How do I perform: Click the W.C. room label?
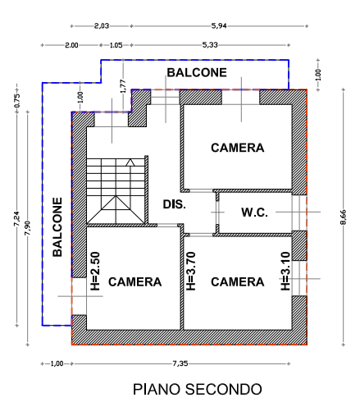pyautogui.click(x=254, y=213)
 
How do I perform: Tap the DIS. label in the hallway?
pyautogui.click(x=175, y=204)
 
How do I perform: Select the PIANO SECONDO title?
pyautogui.click(x=198, y=389)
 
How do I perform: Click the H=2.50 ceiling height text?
pyautogui.click(x=95, y=271)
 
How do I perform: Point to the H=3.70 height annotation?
pyautogui.click(x=191, y=271)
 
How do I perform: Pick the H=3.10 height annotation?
pyautogui.click(x=285, y=271)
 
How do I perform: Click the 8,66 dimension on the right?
pyautogui.click(x=344, y=217)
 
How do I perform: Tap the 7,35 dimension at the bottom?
pyautogui.click(x=180, y=363)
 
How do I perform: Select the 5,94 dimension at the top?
pyautogui.click(x=219, y=26)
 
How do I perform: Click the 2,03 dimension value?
pyautogui.click(x=102, y=26)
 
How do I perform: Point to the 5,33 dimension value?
pyautogui.click(x=210, y=45)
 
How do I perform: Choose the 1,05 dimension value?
pyautogui.click(x=116, y=45)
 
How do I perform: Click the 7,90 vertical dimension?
pyautogui.click(x=28, y=228)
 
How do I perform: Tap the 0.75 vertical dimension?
pyautogui.click(x=17, y=101)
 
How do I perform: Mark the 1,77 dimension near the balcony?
pyautogui.click(x=123, y=86)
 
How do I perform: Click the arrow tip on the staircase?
pyautogui.click(x=130, y=159)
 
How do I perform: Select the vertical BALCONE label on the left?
pyautogui.click(x=57, y=227)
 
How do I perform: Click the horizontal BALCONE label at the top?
pyautogui.click(x=197, y=73)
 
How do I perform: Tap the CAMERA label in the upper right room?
pyautogui.click(x=238, y=148)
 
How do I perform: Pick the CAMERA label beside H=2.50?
pyautogui.click(x=135, y=282)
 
